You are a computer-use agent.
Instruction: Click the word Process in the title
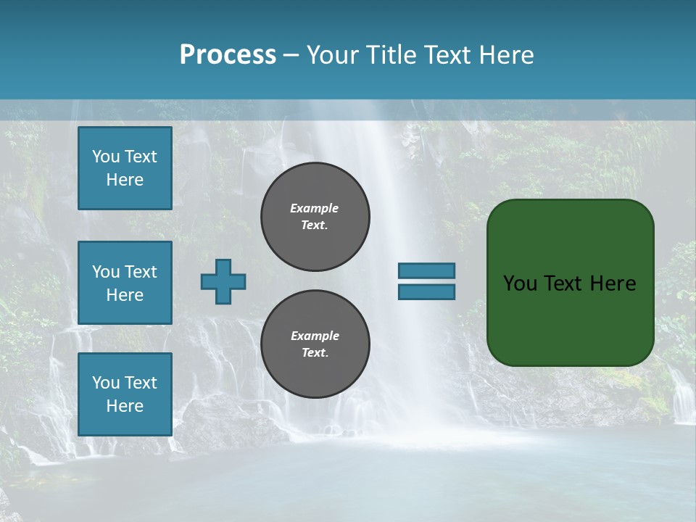[x=228, y=55]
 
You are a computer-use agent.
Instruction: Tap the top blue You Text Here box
[x=125, y=168]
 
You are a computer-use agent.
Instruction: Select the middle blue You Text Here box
[x=125, y=283]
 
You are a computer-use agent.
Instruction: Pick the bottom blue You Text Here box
[x=125, y=394]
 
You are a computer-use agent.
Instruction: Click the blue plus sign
[x=223, y=281]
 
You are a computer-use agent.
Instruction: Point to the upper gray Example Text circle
[x=315, y=217]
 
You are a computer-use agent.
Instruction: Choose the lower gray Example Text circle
[x=315, y=344]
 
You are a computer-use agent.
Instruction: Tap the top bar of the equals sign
[x=426, y=270]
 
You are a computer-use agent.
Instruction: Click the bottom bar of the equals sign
[x=426, y=291]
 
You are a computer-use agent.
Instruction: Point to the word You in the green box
[x=520, y=283]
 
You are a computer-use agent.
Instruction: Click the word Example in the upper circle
[x=314, y=208]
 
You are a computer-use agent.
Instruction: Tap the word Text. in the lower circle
[x=315, y=353]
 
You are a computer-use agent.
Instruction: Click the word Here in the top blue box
[x=125, y=180]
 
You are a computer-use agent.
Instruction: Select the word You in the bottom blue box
[x=106, y=383]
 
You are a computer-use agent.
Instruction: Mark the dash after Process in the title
[x=291, y=55]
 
